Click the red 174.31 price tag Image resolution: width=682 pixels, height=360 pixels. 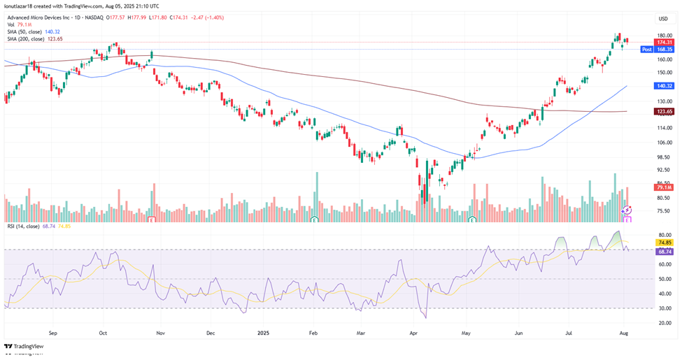tap(664, 43)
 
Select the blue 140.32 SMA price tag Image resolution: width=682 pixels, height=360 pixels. tap(664, 86)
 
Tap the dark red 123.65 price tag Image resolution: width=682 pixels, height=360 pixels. tap(664, 111)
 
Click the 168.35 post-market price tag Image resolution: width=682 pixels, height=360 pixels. tap(664, 50)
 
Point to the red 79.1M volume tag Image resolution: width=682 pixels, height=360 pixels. tap(663, 187)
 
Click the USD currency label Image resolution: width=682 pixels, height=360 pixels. tap(662, 19)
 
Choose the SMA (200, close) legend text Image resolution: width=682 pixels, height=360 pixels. tap(34, 39)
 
